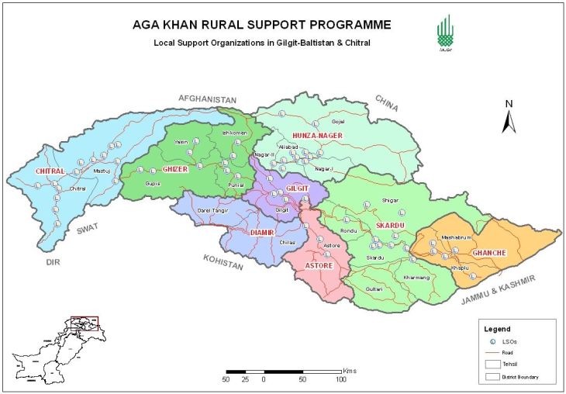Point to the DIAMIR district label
(264, 231)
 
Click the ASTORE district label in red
(319, 265)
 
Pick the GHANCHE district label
(489, 253)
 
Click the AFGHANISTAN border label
(206, 99)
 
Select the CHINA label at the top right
(386, 102)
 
